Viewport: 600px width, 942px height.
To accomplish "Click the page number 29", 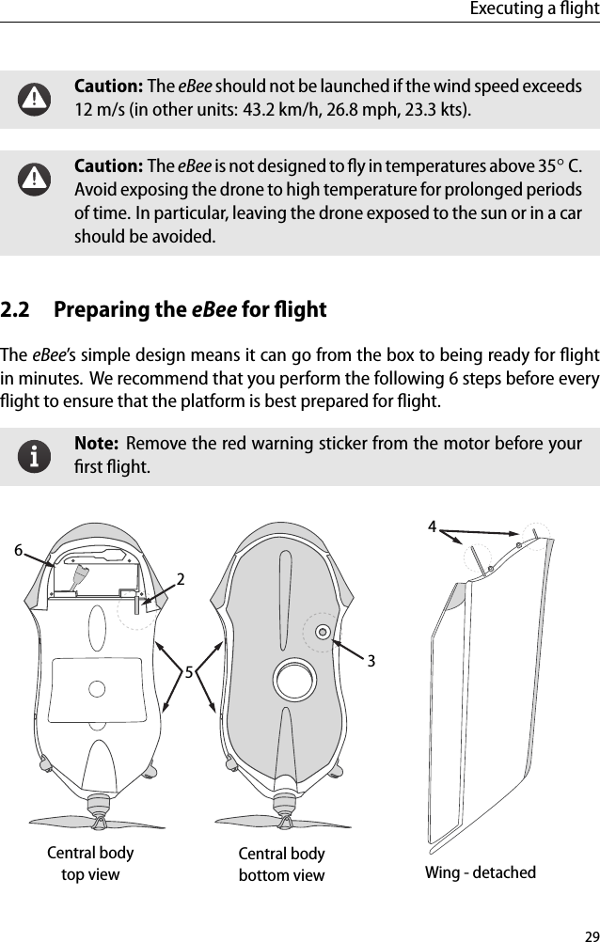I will tap(591, 934).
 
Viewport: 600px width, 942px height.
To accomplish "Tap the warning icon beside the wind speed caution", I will tap(36, 97).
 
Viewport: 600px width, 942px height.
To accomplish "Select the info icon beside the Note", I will tap(36, 455).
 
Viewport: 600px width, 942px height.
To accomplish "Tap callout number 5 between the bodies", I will tap(188, 672).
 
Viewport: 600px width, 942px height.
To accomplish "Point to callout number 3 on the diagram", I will tap(371, 661).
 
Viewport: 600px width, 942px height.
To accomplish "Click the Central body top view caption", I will tap(90, 863).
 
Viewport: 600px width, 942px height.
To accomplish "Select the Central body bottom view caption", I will tap(281, 864).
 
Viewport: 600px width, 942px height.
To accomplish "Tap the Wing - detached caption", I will tap(481, 872).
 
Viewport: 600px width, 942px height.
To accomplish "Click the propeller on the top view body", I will tap(96, 823).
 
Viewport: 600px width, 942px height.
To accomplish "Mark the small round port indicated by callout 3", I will tap(323, 632).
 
